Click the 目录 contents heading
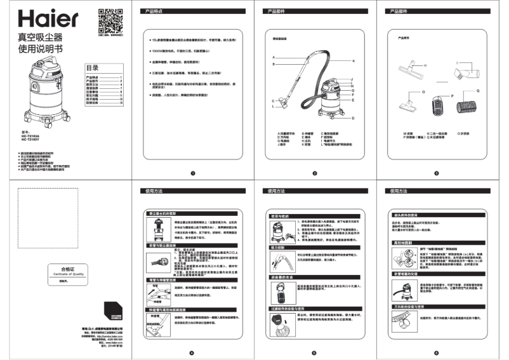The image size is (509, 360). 93,68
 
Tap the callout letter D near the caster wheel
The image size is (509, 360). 352,117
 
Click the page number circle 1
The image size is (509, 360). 191,173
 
